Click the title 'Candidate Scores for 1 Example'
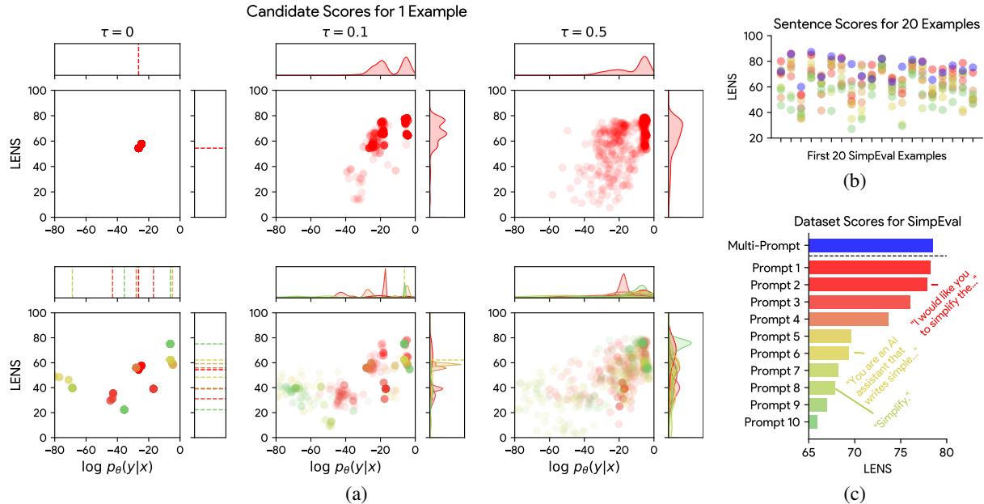coord(357,12)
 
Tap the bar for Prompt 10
coord(813,421)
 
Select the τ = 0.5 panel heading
coord(585,32)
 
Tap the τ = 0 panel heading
coord(116,32)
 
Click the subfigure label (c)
coord(855,490)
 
